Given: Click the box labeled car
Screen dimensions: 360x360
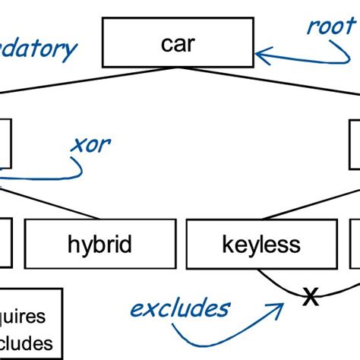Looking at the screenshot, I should click(x=178, y=44).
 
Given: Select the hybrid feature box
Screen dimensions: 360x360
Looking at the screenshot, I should click(x=99, y=245).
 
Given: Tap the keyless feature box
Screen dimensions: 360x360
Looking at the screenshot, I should click(x=261, y=245).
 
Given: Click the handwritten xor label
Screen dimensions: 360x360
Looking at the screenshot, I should click(x=90, y=144).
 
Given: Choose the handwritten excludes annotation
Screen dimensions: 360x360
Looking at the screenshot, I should click(x=180, y=308).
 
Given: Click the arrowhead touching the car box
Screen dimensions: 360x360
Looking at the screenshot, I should click(x=263, y=54).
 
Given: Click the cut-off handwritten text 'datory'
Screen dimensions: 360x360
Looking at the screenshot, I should click(x=38, y=49).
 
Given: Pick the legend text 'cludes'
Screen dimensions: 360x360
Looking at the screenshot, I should click(x=27, y=343).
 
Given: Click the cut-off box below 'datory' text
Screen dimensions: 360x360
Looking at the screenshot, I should click(x=5, y=143).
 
